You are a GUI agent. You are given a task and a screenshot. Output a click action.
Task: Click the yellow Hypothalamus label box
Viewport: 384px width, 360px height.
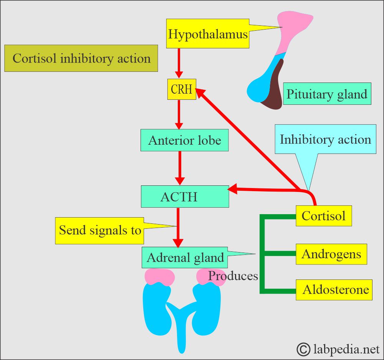pos(207,35)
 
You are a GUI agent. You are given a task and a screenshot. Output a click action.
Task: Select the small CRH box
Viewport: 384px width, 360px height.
pos(182,89)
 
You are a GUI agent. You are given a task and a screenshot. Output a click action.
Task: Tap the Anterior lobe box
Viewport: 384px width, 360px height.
pos(185,140)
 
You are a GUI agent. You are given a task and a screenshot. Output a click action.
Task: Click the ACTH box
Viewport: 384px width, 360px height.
pos(185,197)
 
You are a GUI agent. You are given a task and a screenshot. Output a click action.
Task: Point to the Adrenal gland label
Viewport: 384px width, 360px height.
pos(185,257)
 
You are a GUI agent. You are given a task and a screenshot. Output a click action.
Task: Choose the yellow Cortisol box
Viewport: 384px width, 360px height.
pos(323,216)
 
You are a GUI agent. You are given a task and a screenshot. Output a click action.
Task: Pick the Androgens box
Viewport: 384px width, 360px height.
pos(331,254)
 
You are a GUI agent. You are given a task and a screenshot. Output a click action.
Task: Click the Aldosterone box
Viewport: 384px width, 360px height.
pos(334,289)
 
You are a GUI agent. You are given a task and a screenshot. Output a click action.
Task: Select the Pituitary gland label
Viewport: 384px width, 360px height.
pos(327,94)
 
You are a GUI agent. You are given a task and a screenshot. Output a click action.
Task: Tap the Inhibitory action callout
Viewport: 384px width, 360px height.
pos(325,139)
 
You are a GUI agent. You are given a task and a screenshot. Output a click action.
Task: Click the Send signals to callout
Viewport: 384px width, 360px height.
pos(99,230)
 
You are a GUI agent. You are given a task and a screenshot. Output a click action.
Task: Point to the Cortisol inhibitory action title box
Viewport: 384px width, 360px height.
pos(81,58)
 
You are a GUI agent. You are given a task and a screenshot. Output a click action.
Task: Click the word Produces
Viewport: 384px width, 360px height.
pos(233,276)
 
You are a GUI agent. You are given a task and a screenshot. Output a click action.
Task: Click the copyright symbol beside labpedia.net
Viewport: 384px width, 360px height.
pos(304,349)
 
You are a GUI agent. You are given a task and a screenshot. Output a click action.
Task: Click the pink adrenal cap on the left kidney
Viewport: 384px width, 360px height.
pos(159,276)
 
